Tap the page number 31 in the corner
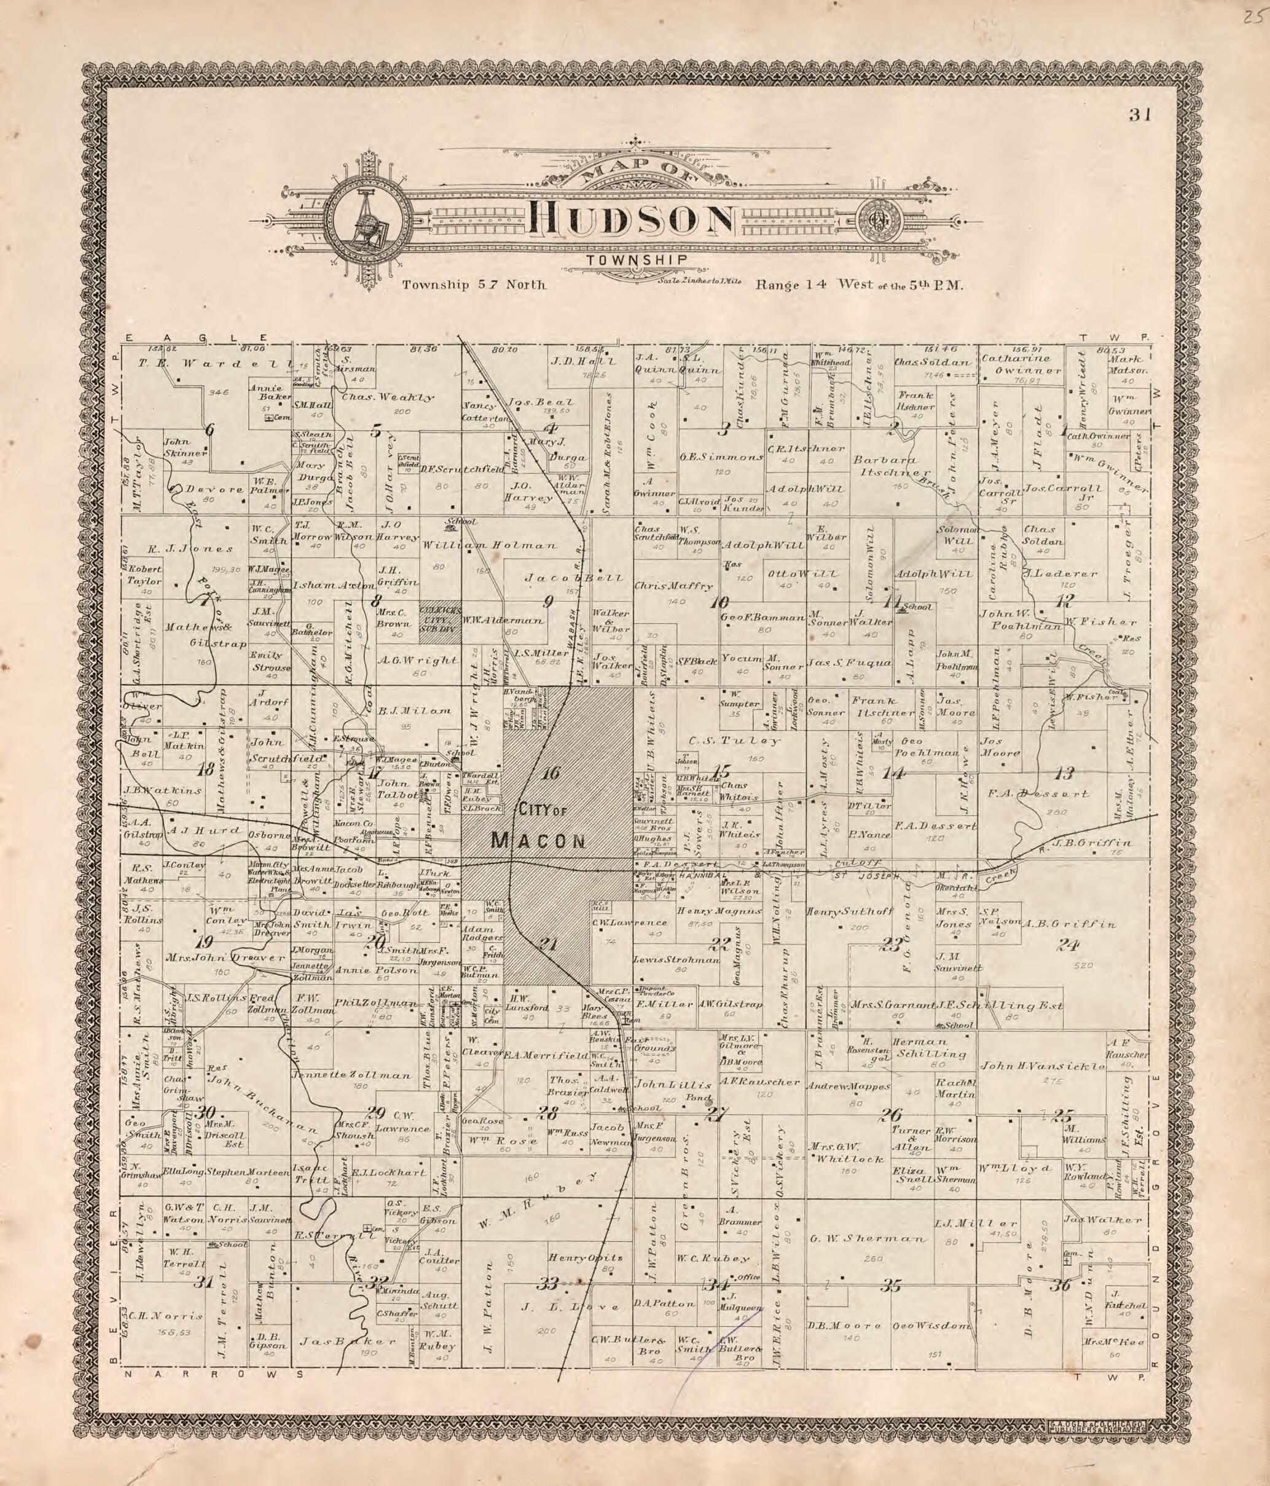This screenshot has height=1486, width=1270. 1139,115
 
